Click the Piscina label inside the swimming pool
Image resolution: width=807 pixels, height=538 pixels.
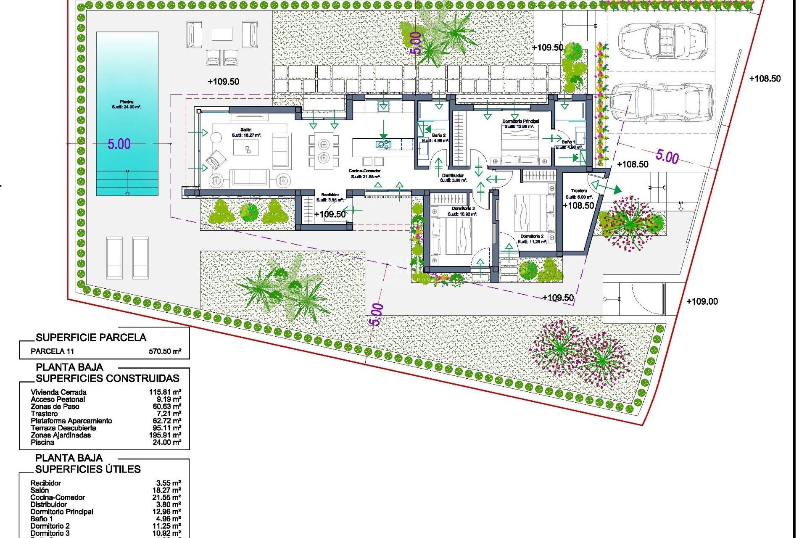click(x=127, y=102)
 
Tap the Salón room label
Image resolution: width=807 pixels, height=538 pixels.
click(x=246, y=130)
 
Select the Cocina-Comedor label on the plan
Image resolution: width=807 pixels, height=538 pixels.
click(x=364, y=171)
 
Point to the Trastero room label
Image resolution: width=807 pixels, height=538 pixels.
click(x=579, y=191)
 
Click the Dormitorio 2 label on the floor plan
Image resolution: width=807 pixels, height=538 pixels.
click(x=532, y=237)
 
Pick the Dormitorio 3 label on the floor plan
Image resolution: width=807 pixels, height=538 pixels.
click(x=463, y=208)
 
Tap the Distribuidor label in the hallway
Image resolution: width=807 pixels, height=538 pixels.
click(x=453, y=175)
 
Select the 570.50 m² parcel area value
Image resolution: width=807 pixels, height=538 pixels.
click(x=165, y=351)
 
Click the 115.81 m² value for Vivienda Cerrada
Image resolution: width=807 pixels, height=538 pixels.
click(x=165, y=392)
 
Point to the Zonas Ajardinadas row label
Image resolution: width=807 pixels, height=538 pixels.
click(x=61, y=435)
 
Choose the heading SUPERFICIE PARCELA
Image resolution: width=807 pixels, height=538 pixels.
click(x=91, y=338)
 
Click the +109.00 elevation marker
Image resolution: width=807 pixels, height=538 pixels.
click(x=702, y=301)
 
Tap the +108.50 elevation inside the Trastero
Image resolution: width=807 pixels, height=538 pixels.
click(x=578, y=206)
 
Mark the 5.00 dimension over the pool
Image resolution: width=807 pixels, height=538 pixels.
click(x=119, y=144)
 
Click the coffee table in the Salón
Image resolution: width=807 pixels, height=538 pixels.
click(x=246, y=148)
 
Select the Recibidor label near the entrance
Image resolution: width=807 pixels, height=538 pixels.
click(x=330, y=195)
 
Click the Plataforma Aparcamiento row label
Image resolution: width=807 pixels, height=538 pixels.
click(x=71, y=421)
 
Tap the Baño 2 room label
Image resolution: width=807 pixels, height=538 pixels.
click(x=438, y=135)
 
